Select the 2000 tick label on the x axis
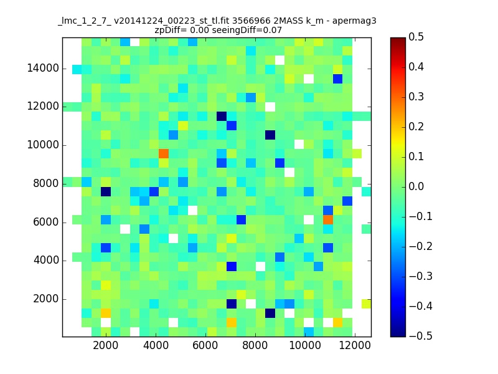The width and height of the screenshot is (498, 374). point(106,347)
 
